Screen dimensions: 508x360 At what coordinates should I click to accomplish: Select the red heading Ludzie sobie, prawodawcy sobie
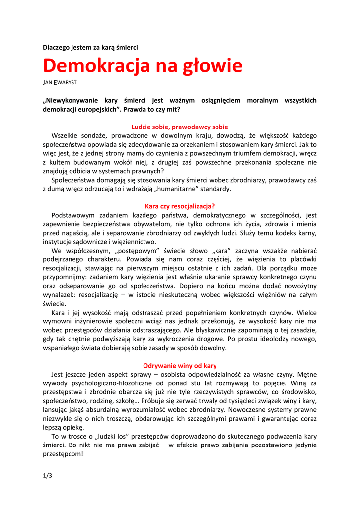coord(180,127)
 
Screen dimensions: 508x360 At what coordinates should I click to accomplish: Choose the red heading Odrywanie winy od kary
coord(180,366)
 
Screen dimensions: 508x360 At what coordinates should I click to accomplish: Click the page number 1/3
coord(47,476)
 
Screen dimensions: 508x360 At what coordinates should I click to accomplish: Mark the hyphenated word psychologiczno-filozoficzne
coord(107,383)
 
